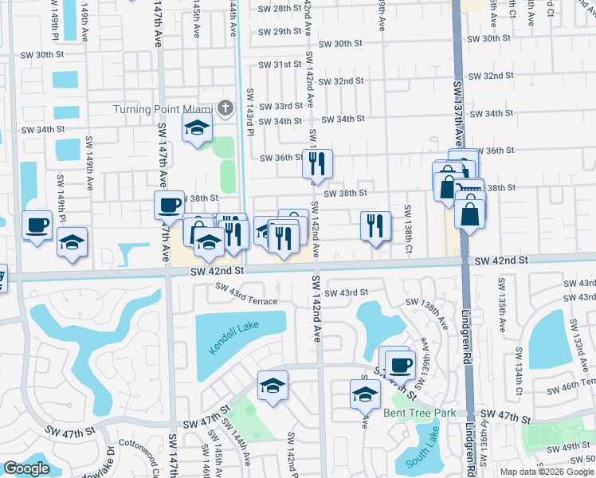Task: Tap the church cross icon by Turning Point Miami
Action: pos(225,108)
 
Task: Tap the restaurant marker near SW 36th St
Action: pos(317,163)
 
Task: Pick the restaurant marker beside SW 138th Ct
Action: pos(374,225)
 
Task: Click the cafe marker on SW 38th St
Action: pos(169,205)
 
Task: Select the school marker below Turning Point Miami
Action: pos(196,127)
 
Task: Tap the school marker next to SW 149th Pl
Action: pos(73,242)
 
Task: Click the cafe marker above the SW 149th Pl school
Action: pos(37,224)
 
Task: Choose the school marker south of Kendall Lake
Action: pos(273,386)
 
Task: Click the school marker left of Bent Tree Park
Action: pos(365,394)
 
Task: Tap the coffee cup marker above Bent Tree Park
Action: pos(399,364)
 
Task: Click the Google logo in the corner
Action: pos(27,468)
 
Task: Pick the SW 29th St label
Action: pos(280,32)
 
